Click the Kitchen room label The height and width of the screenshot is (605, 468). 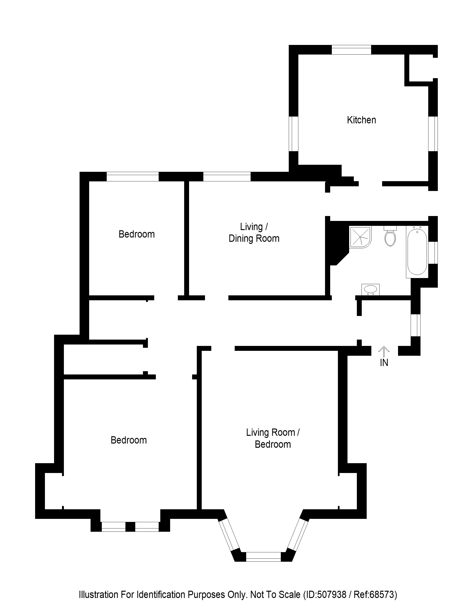click(x=361, y=120)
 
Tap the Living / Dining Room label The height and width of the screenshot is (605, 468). click(x=254, y=233)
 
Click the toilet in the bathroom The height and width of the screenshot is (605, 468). click(x=390, y=237)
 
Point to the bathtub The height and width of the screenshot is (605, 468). click(x=417, y=252)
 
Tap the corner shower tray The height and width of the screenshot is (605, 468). click(x=360, y=237)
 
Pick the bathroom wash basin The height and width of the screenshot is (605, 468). click(x=370, y=290)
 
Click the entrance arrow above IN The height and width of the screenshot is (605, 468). click(x=384, y=352)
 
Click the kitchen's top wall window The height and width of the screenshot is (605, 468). click(x=351, y=50)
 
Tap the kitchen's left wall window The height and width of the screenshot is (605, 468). click(x=293, y=134)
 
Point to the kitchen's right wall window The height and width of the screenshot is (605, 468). click(x=433, y=134)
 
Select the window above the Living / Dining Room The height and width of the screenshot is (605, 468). click(x=227, y=176)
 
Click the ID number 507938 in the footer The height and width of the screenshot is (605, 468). click(x=332, y=594)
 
